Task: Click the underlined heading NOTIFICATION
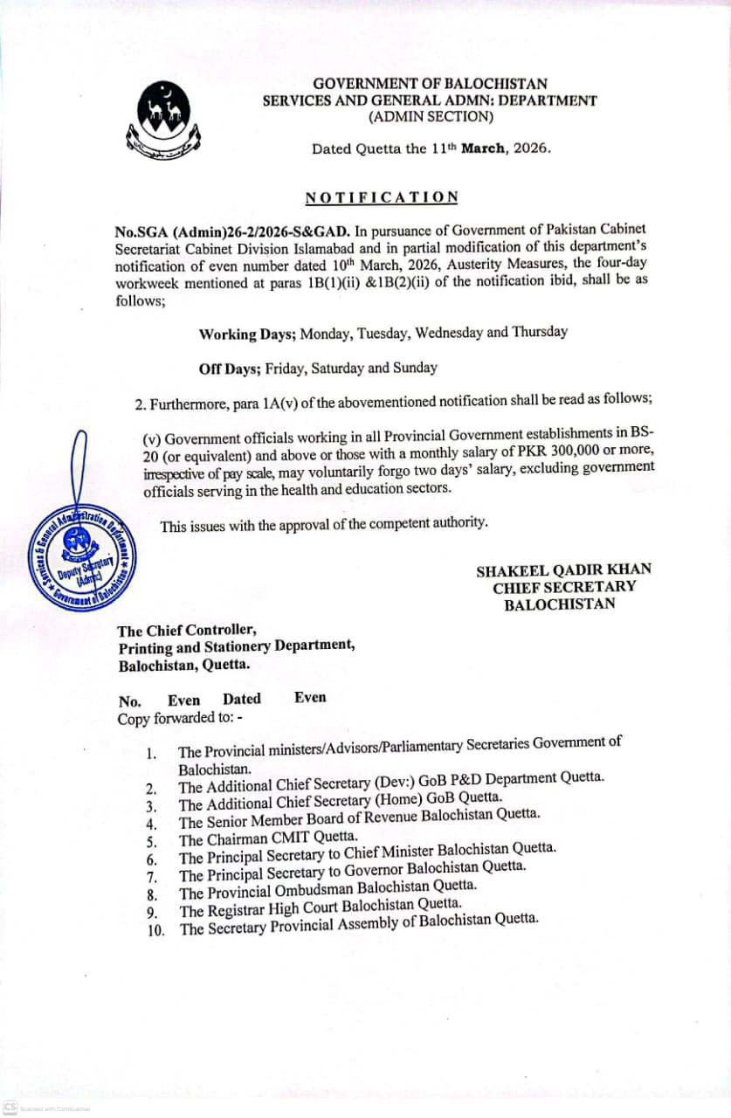pos(382,197)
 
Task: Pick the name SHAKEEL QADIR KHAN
pos(563,570)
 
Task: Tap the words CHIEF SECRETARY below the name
pos(564,587)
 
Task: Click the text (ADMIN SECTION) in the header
pos(431,116)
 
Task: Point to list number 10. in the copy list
pos(156,930)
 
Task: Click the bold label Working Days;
pos(248,334)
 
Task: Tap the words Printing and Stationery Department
pos(236,646)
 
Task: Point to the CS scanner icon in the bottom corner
pos(10,1105)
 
